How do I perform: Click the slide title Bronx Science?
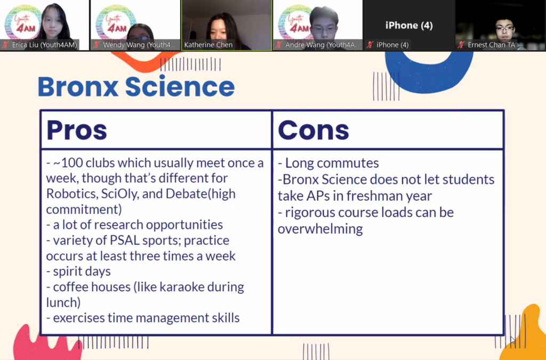(136, 87)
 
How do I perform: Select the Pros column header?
(77, 130)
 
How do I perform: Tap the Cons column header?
(314, 130)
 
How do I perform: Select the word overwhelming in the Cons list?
(320, 229)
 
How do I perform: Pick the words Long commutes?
(332, 163)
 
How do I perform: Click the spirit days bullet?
(78, 272)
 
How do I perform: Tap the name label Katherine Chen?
(208, 45)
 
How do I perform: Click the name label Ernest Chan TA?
(491, 45)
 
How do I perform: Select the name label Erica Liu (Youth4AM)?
(44, 45)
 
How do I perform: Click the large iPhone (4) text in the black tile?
(409, 26)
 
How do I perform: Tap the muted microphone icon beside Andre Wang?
(278, 45)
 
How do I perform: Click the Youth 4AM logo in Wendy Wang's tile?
(114, 22)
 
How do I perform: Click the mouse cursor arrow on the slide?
(512, 340)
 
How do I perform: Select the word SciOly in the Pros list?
(120, 194)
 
